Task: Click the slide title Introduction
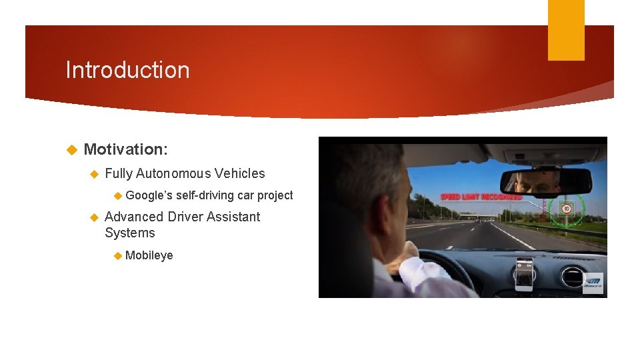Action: pos(127,70)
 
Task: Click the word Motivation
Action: pos(125,150)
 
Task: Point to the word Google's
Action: pos(149,195)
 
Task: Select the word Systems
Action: pos(130,233)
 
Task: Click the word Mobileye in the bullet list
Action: pos(149,255)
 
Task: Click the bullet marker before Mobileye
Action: pos(117,255)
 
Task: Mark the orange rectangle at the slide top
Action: pos(566,30)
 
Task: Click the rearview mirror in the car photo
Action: pos(545,181)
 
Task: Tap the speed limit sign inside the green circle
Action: pos(567,209)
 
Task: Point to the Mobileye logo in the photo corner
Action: pos(592,283)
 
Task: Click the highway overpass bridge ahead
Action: pos(460,215)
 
